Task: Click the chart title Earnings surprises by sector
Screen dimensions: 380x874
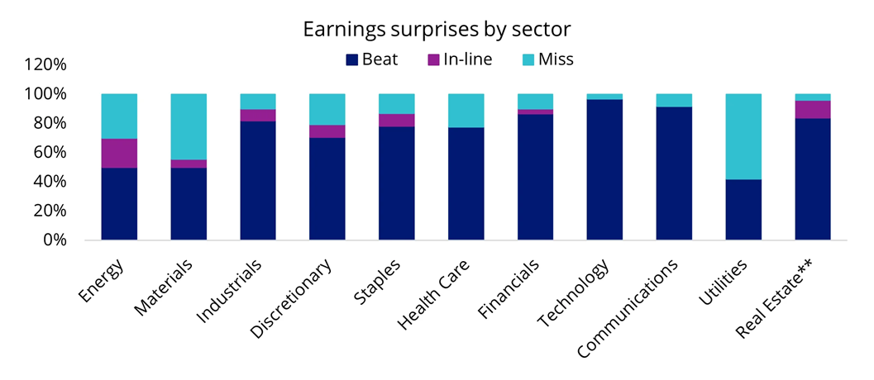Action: coord(437,29)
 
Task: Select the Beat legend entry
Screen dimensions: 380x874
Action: coord(373,59)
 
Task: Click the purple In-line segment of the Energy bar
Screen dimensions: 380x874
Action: coord(118,154)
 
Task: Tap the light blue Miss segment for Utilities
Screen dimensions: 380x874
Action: coord(743,136)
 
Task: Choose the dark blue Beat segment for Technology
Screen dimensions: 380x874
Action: coord(604,169)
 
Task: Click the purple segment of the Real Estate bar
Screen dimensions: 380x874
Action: coord(813,110)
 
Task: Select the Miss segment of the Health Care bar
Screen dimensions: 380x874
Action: coord(466,111)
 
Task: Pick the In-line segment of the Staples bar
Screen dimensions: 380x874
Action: coord(396,121)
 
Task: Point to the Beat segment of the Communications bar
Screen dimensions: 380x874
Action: coord(674,173)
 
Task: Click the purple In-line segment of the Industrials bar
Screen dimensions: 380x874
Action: coord(257,116)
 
